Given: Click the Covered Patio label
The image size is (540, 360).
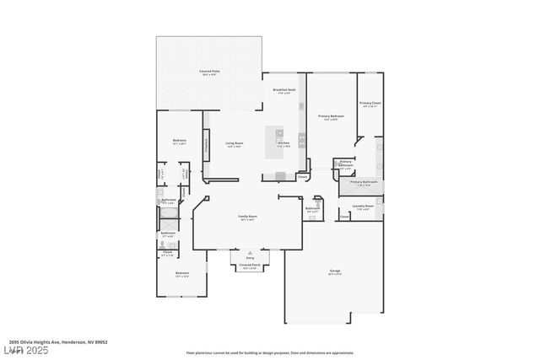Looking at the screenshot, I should point(208,72).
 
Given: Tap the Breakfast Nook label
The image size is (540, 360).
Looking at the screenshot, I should point(283,90).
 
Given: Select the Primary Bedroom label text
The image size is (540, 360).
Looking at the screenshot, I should point(331,117).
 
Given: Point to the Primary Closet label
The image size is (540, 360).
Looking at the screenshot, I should point(370,105).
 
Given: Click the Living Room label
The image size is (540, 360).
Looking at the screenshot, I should point(234,144).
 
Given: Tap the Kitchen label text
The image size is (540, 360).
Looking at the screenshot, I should point(283,144).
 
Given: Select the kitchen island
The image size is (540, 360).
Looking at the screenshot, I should point(278,141).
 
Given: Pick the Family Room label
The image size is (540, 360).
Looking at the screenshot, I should point(247,218).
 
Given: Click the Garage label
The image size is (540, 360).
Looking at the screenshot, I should point(335,271).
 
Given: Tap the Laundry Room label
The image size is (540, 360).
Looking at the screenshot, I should point(364,207).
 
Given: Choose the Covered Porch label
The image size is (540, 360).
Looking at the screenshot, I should point(250,266).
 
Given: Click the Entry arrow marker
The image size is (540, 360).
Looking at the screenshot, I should point(250,252).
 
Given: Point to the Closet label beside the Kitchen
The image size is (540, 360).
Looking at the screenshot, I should point(301,177).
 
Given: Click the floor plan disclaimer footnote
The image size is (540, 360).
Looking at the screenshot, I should point(269,352).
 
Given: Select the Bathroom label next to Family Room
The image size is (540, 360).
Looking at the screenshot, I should point(312,208).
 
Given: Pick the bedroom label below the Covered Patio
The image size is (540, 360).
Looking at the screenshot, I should point(180,141).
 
